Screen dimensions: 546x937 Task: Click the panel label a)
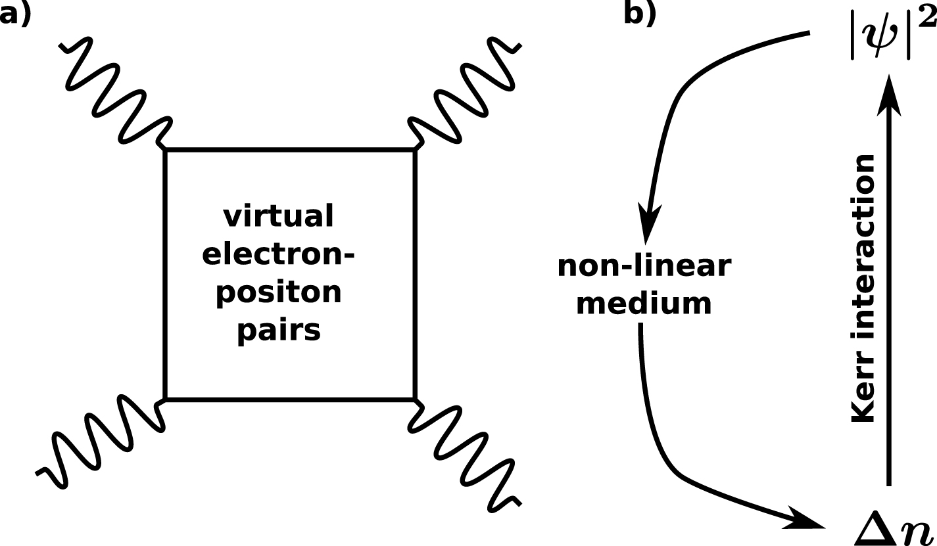tap(14, 13)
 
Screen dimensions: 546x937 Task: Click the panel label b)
tap(640, 13)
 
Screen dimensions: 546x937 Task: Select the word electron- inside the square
tap(278, 254)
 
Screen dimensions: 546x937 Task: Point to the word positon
tap(279, 292)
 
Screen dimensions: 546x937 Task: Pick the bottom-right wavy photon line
tap(466, 453)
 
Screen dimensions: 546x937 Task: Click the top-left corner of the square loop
tap(166, 150)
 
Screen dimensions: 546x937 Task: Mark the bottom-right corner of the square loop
tap(414, 398)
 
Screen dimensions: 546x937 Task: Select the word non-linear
tap(644, 267)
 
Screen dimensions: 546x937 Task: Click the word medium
tap(644, 304)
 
